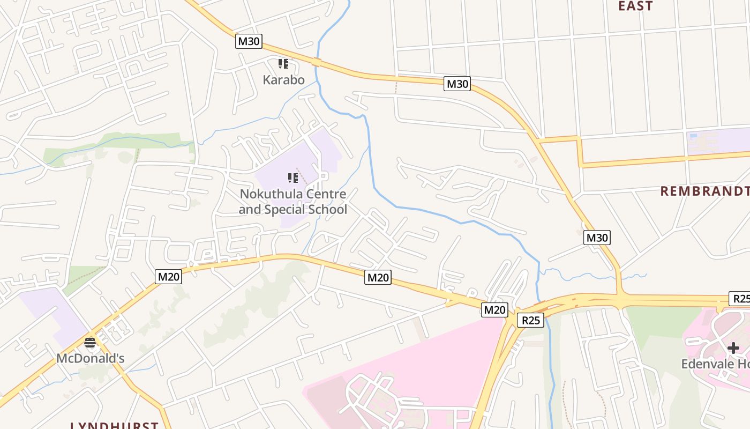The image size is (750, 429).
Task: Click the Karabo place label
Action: coord(283,80)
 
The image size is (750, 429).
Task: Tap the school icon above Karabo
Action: coord(283,64)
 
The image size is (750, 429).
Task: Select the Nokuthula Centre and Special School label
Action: coord(292,202)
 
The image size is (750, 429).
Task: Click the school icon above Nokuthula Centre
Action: coord(292,177)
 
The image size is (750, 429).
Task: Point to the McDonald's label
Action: coord(90,358)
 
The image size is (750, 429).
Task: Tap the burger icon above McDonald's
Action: coord(90,343)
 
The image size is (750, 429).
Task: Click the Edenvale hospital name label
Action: coord(715,364)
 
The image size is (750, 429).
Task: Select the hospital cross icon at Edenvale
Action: coord(733,349)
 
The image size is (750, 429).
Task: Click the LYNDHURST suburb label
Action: coord(115,425)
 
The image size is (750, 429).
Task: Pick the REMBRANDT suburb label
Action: coord(704,191)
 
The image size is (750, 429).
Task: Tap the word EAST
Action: coord(635,6)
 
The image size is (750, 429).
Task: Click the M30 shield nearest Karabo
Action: coord(249,41)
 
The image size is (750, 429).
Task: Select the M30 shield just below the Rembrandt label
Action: coord(597,238)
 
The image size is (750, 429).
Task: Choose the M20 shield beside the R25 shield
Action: coord(494,309)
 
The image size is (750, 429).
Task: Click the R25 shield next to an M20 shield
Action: coord(530,320)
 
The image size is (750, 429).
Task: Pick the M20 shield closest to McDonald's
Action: coord(169,276)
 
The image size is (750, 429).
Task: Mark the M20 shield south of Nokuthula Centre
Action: coord(378,277)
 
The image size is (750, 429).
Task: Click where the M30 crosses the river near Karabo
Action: coord(317,62)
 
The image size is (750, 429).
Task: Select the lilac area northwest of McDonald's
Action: coord(51,314)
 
